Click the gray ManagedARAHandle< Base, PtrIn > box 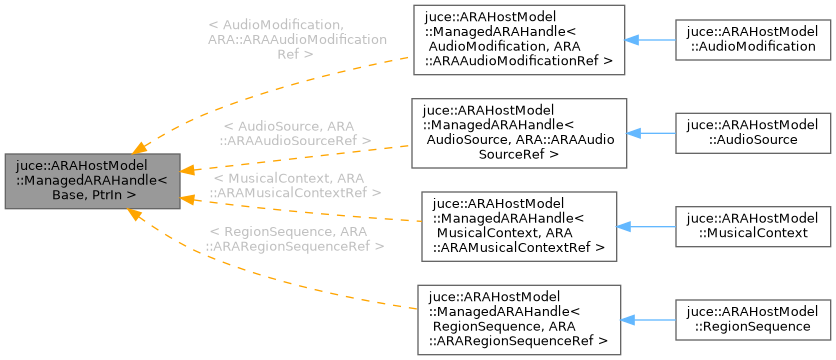click(91, 181)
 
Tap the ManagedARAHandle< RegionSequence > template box click(519, 318)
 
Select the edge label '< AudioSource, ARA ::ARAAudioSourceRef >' click(297, 134)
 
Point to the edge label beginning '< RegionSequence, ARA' click(294, 238)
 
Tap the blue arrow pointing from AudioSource click(651, 132)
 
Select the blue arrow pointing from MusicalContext click(651, 225)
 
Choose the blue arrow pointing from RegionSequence click(651, 318)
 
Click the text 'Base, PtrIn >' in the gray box click(91, 195)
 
